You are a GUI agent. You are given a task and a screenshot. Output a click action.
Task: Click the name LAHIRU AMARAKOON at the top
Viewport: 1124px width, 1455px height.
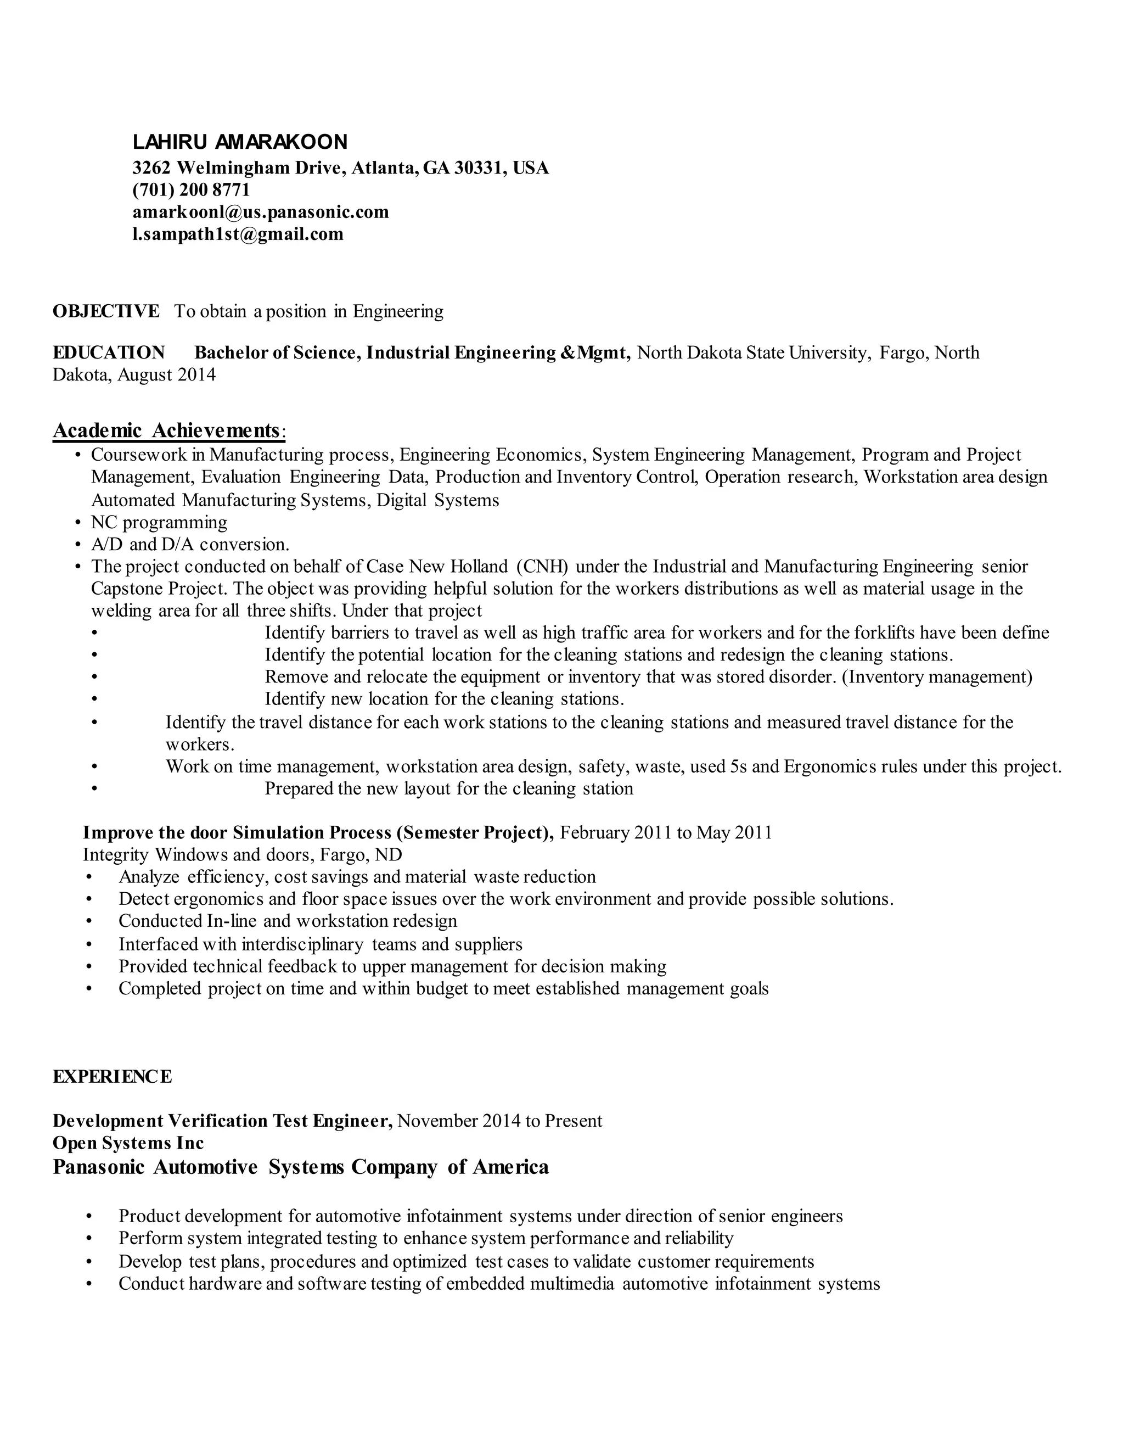pyautogui.click(x=240, y=142)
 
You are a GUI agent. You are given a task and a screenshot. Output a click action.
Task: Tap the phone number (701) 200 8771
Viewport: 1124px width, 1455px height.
pyautogui.click(x=191, y=190)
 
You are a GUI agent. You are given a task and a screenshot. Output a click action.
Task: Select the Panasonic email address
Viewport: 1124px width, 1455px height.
pyautogui.click(x=260, y=212)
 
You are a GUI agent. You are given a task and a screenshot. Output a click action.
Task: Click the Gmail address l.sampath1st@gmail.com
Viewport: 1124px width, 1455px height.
pyautogui.click(x=238, y=234)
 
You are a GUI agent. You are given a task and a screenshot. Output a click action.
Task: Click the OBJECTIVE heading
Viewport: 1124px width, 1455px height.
pyautogui.click(x=106, y=311)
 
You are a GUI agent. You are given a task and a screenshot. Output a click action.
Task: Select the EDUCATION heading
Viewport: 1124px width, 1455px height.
pyautogui.click(x=109, y=352)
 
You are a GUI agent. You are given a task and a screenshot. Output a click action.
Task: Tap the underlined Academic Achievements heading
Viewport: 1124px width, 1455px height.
pyautogui.click(x=166, y=430)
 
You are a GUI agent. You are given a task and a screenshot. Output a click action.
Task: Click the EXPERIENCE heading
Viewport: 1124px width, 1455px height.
pyautogui.click(x=112, y=1077)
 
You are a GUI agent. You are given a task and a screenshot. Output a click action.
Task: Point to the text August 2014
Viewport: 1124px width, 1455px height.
pyautogui.click(x=166, y=374)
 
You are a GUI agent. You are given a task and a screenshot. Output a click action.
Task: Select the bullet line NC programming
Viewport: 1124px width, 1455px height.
pyautogui.click(x=159, y=522)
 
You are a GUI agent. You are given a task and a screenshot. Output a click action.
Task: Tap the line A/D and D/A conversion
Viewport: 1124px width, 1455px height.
pyautogui.click(x=190, y=544)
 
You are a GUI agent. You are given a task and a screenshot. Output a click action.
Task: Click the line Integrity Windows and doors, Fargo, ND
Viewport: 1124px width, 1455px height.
pyautogui.click(x=243, y=855)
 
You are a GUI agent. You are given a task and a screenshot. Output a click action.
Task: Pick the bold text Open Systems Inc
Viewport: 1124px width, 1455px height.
pyautogui.click(x=128, y=1143)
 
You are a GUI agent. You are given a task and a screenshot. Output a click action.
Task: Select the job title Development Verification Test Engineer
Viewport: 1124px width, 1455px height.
pyautogui.click(x=222, y=1121)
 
